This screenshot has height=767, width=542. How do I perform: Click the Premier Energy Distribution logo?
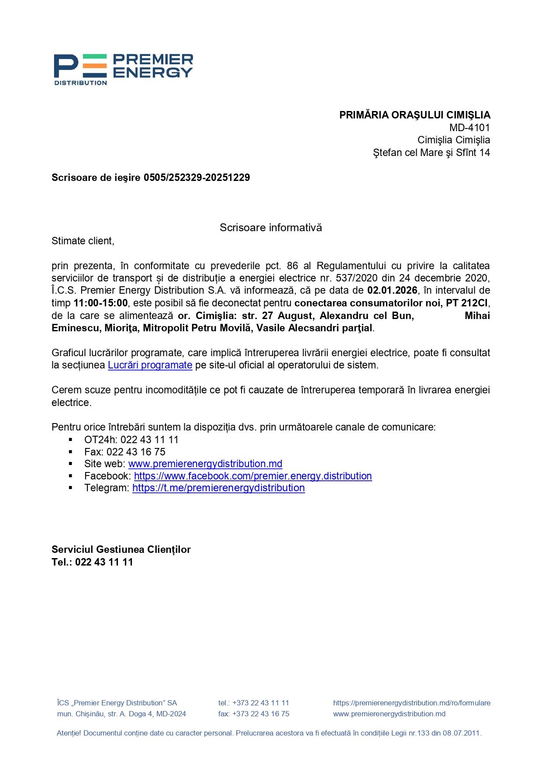pos(123,69)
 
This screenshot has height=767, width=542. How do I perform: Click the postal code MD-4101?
pos(470,128)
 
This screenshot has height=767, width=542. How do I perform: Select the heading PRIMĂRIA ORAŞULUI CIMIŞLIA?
pos(414,115)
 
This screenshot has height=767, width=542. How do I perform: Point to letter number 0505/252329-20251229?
pos(197,177)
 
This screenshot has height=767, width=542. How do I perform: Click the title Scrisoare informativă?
pos(271,228)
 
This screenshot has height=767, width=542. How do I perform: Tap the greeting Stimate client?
pos(83,241)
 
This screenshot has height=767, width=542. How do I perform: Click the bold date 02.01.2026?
pos(392,291)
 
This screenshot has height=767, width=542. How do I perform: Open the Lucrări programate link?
pos(150,365)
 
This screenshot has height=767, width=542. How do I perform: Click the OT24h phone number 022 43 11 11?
pos(149,440)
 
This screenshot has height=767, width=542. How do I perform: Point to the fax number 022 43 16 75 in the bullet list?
pos(136,452)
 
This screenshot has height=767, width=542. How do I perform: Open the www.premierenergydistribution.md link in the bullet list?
pos(205,464)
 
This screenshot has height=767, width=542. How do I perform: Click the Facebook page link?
pos(253,476)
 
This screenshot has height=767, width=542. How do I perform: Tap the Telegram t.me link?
pos(218,488)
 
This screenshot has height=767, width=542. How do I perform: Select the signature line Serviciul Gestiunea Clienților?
pos(121,549)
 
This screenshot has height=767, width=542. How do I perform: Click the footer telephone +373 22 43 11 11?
pos(260,703)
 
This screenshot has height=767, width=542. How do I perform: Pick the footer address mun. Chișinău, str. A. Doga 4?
pos(121,714)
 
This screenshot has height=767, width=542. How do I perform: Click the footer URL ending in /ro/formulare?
pos(411,703)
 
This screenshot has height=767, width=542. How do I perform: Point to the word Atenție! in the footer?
pos(69,733)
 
